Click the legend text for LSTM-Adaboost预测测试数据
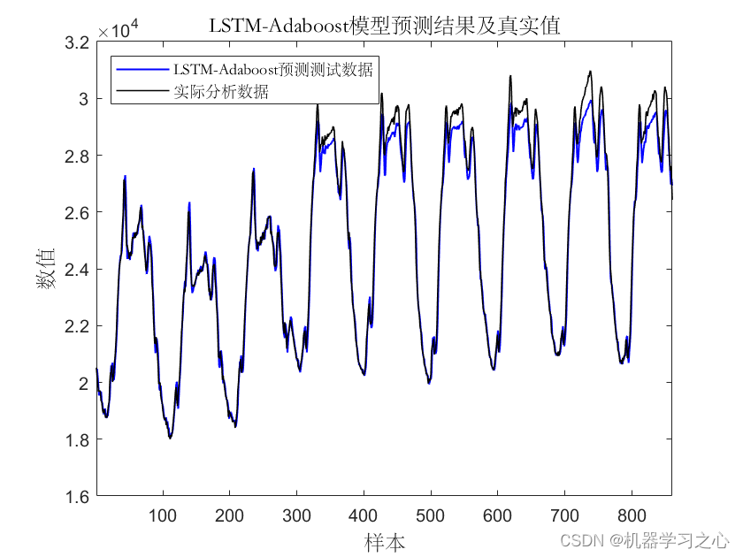pyautogui.click(x=272, y=69)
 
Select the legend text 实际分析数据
pyautogui.click(x=221, y=90)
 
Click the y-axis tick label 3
pyautogui.click(x=85, y=99)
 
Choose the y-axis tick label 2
pyautogui.click(x=85, y=383)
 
